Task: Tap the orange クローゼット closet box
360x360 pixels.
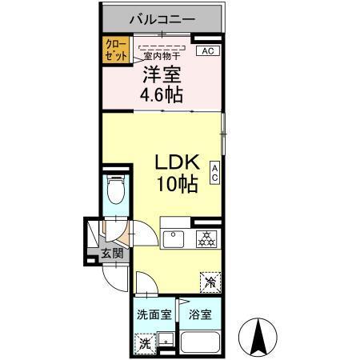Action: [110, 51]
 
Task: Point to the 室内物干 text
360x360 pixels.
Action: [162, 55]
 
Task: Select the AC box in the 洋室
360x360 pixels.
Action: [206, 51]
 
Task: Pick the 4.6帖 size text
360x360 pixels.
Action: [162, 95]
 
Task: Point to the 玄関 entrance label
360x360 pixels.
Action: [111, 254]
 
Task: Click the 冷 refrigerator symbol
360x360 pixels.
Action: [210, 282]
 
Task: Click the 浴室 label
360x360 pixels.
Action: [201, 315]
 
